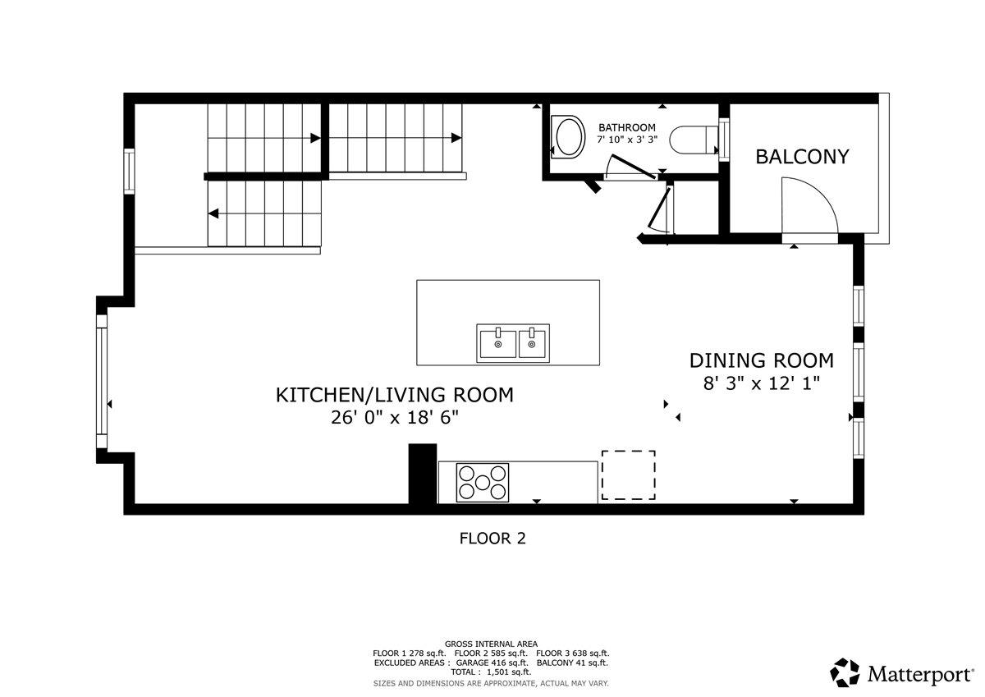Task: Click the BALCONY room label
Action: coord(802,156)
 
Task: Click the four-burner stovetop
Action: coord(483,482)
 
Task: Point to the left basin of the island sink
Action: coord(497,342)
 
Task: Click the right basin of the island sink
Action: coord(533,342)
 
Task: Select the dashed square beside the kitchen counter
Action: coord(628,475)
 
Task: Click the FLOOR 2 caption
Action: coord(492,539)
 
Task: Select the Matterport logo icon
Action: coord(845,672)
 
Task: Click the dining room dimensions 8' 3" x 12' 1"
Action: coord(762,383)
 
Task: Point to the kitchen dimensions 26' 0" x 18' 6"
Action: coord(394,417)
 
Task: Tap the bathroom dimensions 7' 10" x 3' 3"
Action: coord(627,140)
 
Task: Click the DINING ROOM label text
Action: coord(761,360)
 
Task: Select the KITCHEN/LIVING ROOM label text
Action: coord(394,395)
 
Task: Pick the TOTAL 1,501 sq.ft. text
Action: coord(491,672)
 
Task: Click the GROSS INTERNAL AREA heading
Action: coord(491,644)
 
